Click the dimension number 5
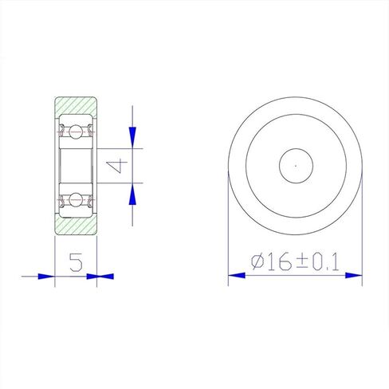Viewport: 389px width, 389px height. (x=77, y=262)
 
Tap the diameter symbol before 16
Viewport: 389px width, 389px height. (x=257, y=261)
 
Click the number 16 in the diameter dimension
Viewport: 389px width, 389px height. (x=280, y=261)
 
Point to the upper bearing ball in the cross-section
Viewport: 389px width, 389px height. (x=76, y=132)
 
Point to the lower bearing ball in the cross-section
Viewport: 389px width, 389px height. (x=76, y=199)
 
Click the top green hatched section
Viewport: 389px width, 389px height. (x=76, y=105)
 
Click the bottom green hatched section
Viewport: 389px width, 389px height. (x=76, y=226)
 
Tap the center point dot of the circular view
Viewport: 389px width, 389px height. (x=296, y=166)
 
